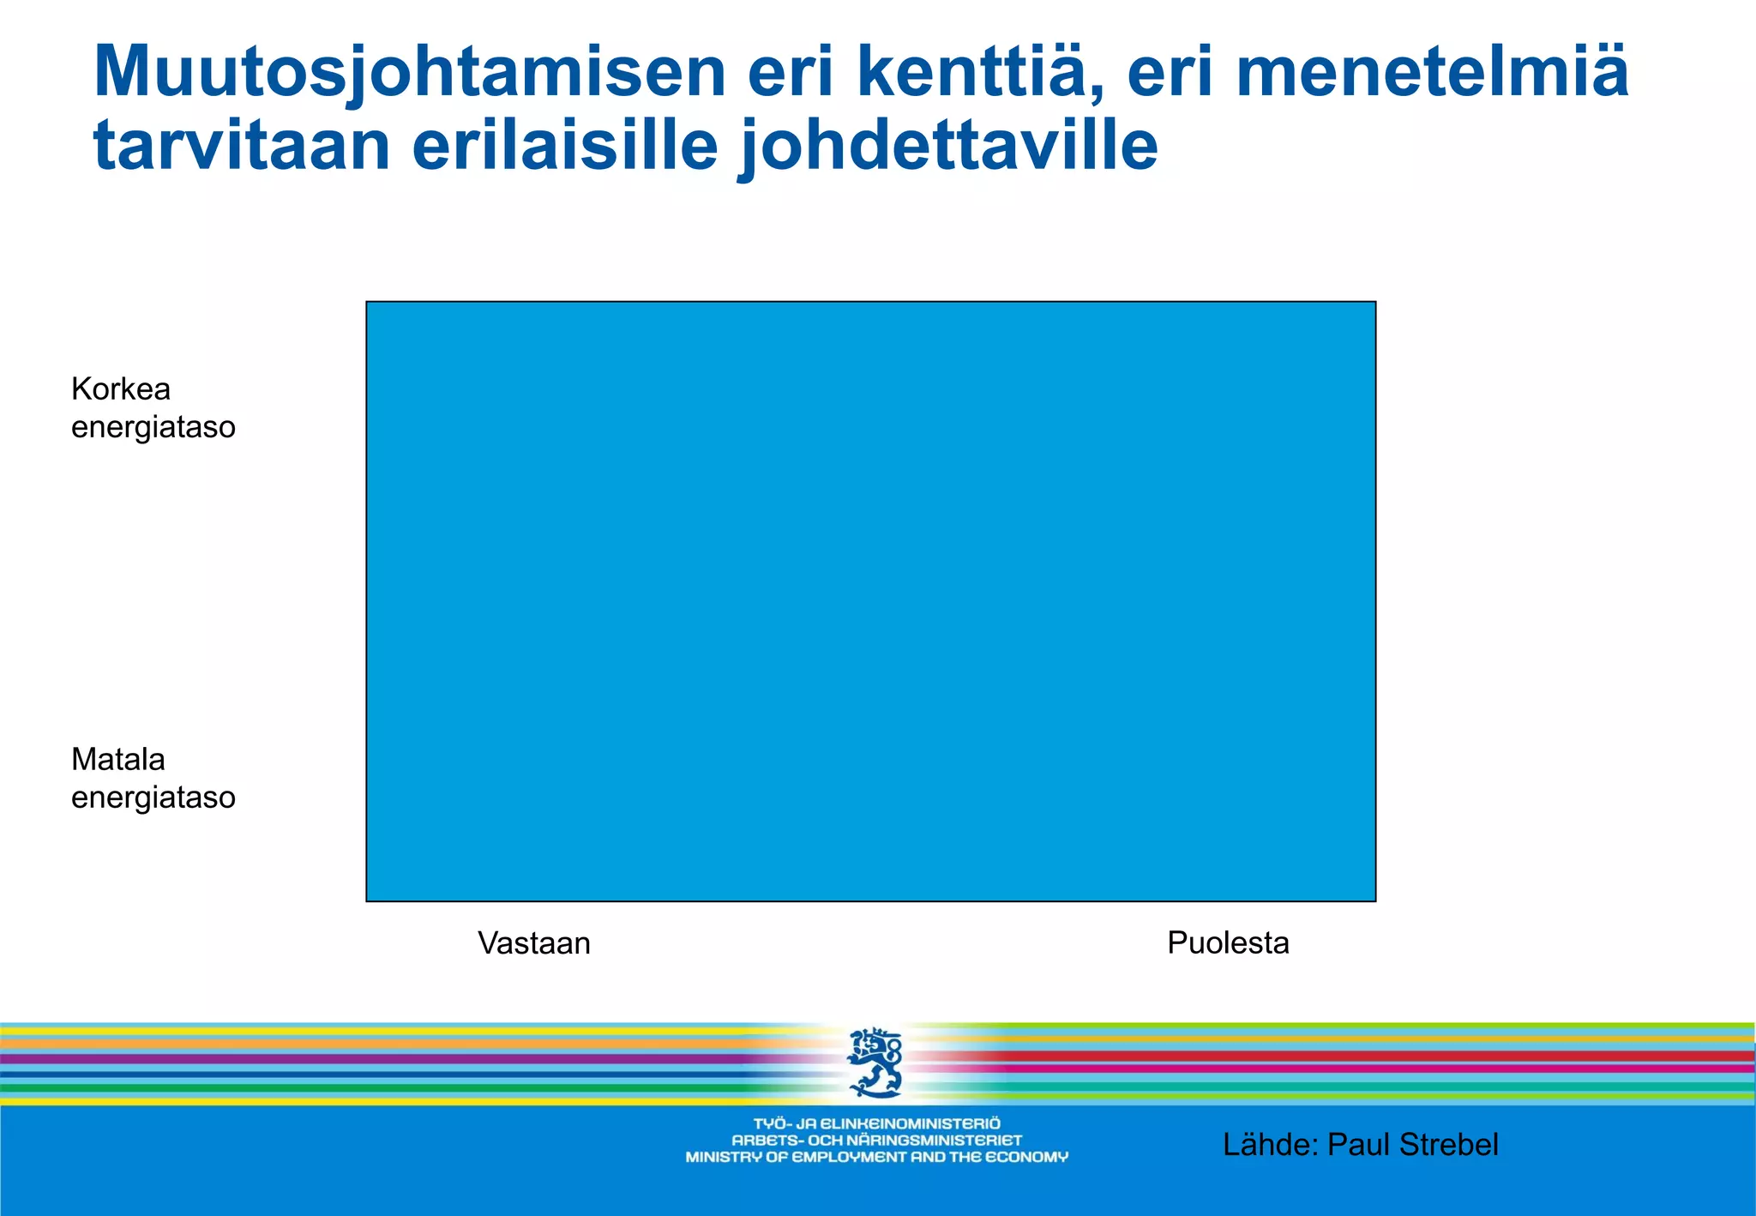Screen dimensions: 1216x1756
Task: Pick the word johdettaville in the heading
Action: [947, 146]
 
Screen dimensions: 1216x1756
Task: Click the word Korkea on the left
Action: [121, 389]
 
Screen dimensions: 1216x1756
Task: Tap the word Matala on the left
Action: [118, 760]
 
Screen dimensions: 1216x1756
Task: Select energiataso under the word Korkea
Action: [153, 427]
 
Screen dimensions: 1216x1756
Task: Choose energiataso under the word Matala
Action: [153, 798]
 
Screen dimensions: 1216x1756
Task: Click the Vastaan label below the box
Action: [534, 943]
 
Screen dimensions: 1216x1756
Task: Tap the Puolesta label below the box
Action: [1228, 943]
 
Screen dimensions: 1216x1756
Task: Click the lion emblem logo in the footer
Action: [875, 1063]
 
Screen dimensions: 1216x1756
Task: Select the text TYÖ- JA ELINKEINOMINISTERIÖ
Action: [876, 1123]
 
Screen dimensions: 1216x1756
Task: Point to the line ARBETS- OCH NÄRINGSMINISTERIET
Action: [876, 1141]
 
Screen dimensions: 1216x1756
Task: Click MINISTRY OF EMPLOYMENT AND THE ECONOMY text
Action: [876, 1158]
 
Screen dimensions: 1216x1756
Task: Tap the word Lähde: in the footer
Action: [1271, 1145]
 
